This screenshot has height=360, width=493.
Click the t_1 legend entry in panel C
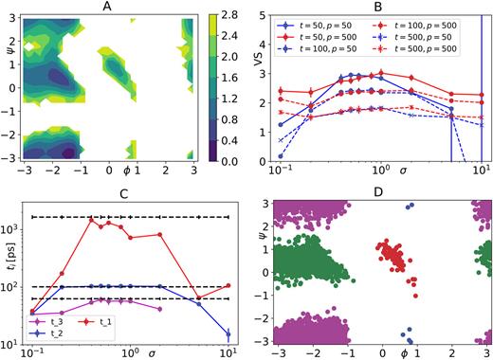[108, 322]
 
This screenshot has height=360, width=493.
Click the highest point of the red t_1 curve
[92, 219]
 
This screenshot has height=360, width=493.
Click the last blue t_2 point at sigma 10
[228, 333]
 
